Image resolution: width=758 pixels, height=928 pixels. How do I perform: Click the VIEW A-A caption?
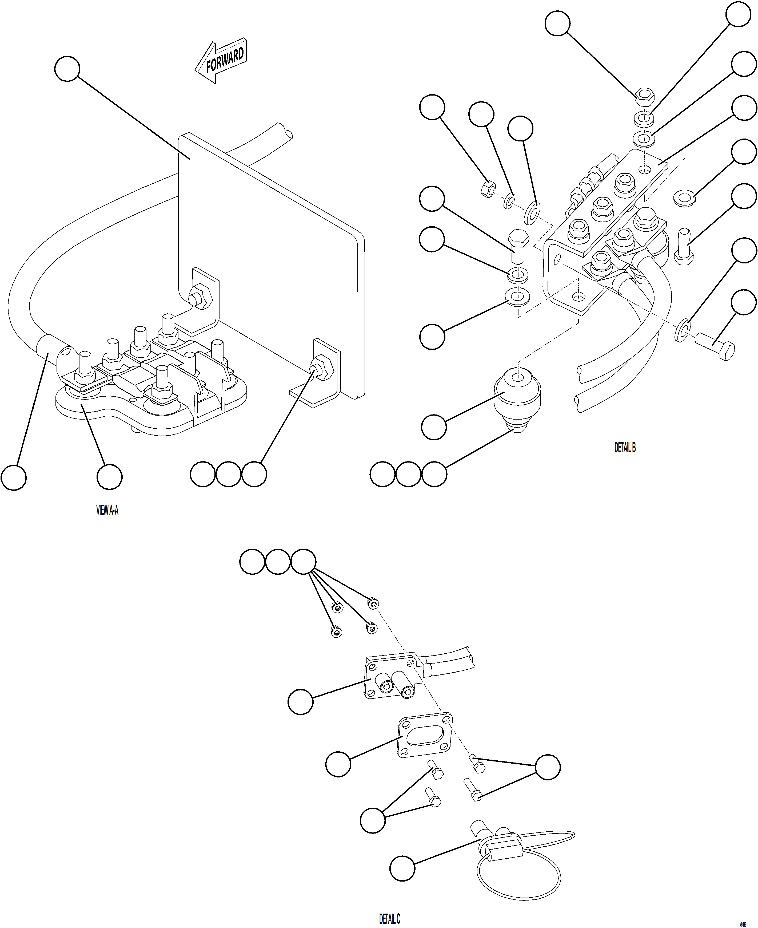pyautogui.click(x=107, y=510)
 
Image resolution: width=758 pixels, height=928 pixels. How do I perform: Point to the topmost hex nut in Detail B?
pyautogui.click(x=643, y=96)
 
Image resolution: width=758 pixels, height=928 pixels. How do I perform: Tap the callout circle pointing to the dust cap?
pyautogui.click(x=402, y=868)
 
